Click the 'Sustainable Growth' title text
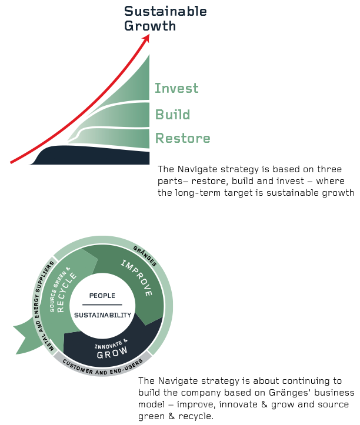[165, 19]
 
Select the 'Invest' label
[176, 89]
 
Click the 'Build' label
[172, 114]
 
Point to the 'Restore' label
[182, 139]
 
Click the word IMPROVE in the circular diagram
[137, 277]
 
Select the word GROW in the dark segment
[112, 355]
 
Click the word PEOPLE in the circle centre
[102, 296]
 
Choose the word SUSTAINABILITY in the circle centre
[102, 315]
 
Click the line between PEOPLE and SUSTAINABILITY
[102, 305]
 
